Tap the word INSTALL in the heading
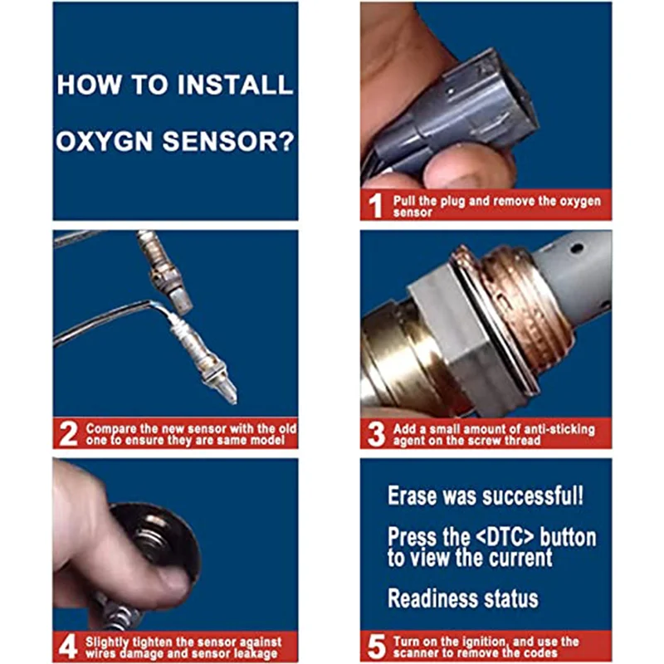coord(235,85)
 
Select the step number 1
coord(375,206)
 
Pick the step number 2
coord(69,433)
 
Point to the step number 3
coord(377,434)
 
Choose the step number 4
coord(68,647)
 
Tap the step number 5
coord(377,647)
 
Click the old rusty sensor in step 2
coord(164,271)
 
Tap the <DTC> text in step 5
coord(505,536)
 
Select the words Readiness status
coord(463,598)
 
